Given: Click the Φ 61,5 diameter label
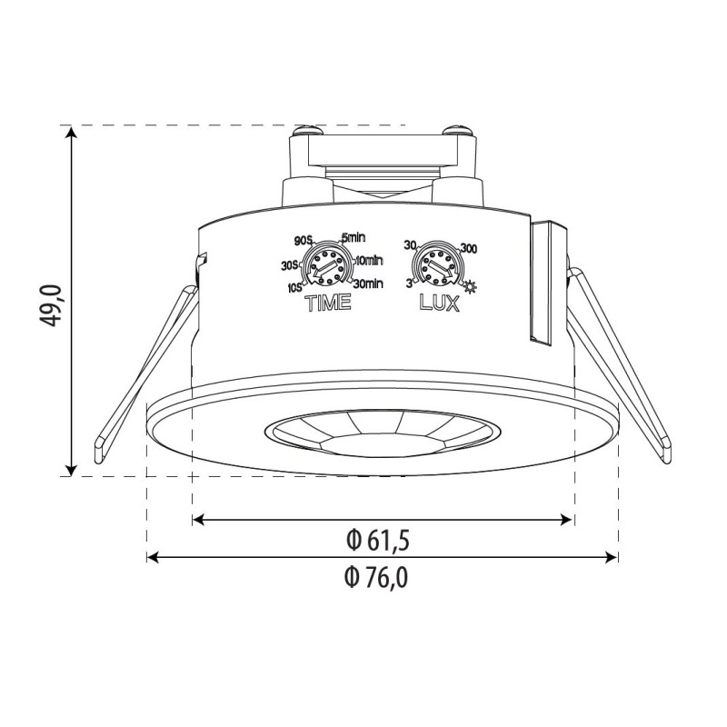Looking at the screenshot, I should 379,541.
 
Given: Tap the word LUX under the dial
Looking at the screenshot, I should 439,304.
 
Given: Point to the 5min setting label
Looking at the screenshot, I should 353,237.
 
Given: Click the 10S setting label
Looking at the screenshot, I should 294,288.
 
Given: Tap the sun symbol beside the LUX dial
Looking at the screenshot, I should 470,288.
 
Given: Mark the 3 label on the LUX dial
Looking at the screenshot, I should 411,284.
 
